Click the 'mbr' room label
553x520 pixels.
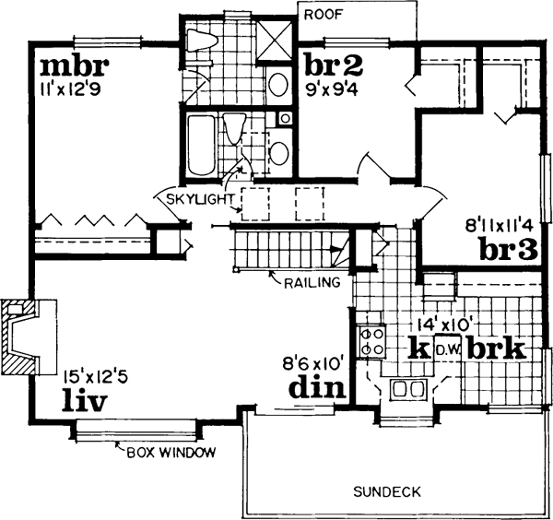coord(75,67)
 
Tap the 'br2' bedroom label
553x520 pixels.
coord(333,65)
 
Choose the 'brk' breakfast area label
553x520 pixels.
coord(495,349)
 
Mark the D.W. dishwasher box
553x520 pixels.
coord(447,349)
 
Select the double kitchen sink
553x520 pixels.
coord(406,389)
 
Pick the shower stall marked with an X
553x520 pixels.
coord(275,42)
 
